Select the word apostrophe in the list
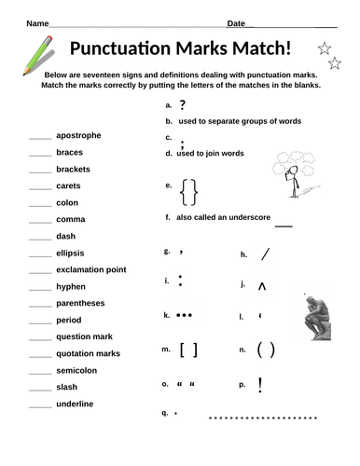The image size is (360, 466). [x=79, y=135]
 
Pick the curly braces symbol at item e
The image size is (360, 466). [x=189, y=192]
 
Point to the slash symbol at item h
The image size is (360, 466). [x=266, y=253]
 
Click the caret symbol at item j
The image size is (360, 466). [x=262, y=286]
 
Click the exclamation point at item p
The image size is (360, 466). [x=260, y=382]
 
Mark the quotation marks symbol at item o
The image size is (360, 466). [x=186, y=383]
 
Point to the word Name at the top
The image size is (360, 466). [x=35, y=22]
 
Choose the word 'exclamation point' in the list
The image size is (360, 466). [x=90, y=269]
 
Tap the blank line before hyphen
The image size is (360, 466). [x=40, y=287]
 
